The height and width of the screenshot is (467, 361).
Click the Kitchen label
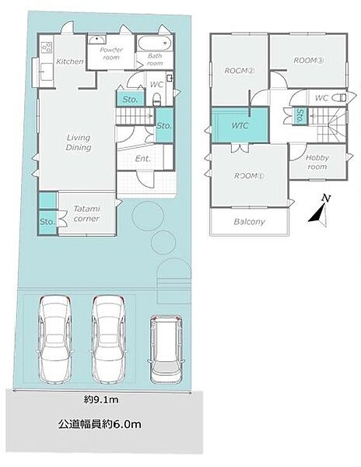pyautogui.click(x=70, y=61)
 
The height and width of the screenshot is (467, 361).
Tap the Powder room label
pyautogui.click(x=111, y=54)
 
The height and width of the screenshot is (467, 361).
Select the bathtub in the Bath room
pyautogui.click(x=154, y=44)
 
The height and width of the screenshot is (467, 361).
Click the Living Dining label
pyautogui.click(x=79, y=142)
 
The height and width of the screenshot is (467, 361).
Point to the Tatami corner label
pyautogui.click(x=86, y=213)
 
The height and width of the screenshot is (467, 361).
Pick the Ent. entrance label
pyautogui.click(x=143, y=159)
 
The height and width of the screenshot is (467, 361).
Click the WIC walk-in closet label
pyautogui.click(x=240, y=125)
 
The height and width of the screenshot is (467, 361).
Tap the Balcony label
pyautogui.click(x=249, y=222)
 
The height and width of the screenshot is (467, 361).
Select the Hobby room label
pyautogui.click(x=317, y=162)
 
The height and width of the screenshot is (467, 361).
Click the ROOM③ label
pyautogui.click(x=309, y=61)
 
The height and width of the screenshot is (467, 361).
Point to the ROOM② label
pyautogui.click(x=240, y=71)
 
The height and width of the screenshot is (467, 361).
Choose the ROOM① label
pyautogui.click(x=249, y=176)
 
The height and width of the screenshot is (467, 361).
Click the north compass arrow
pyautogui.click(x=321, y=211)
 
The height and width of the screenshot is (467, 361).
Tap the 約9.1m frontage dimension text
pyautogui.click(x=101, y=400)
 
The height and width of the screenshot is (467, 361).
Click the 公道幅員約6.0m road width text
pyautogui.click(x=100, y=424)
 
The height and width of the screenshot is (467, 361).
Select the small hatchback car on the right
pyautogui.click(x=166, y=349)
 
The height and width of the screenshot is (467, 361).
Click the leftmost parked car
pyautogui.click(x=55, y=339)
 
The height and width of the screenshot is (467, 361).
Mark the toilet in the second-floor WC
pyautogui.click(x=339, y=98)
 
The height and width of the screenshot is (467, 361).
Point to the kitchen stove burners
pyautogui.click(x=47, y=47)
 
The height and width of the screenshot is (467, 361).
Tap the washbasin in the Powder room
pyautogui.click(x=96, y=40)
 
